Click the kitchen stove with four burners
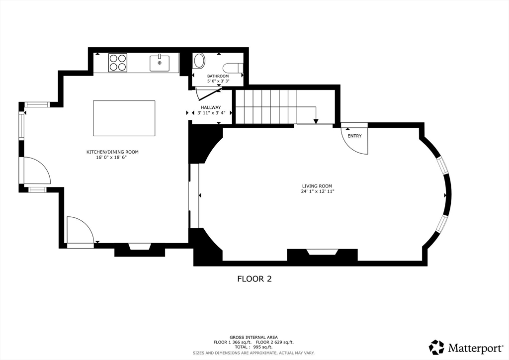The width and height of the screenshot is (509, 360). coord(117,63)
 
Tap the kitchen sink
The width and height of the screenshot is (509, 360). coord(160,63)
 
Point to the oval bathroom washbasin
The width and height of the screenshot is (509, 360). coord(199,61)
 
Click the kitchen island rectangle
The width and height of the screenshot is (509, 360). coord(124,118)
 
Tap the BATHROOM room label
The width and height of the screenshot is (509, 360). coord(218,76)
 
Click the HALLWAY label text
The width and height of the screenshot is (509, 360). coord(211,107)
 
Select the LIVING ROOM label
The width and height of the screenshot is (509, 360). coord(317,186)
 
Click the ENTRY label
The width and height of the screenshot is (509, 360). coord(354,136)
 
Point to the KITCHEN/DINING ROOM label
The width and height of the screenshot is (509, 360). coord(112,152)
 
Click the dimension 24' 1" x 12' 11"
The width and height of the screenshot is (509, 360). coord(317,191)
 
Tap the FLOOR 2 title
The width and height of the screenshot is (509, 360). coord(254,279)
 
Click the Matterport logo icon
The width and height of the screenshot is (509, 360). coord(436,347)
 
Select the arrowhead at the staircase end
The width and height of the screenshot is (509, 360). coord(316,121)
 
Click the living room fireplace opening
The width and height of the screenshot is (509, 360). coord(323,252)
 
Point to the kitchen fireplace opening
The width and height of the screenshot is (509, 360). coord(140,247)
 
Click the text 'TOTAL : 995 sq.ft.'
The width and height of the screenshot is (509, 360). coord(254,347)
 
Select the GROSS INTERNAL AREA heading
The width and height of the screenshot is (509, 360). coord(254,338)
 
